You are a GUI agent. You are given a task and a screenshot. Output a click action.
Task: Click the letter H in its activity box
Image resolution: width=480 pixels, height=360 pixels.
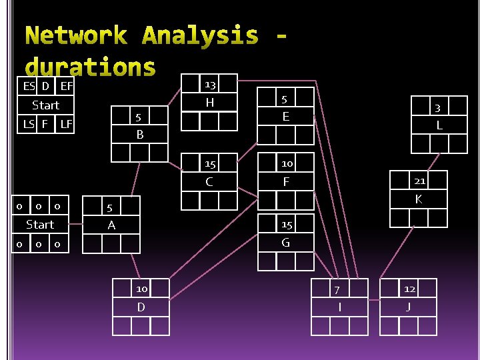point(210,103)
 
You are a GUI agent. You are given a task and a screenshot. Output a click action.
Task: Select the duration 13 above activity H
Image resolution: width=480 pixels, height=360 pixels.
point(210,85)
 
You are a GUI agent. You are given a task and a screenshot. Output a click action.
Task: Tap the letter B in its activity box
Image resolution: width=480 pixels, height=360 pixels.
point(140,135)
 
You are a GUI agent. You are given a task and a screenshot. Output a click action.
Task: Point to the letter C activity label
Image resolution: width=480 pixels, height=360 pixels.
point(209,182)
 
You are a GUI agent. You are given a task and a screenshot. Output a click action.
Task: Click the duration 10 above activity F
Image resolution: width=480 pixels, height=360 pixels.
point(287,163)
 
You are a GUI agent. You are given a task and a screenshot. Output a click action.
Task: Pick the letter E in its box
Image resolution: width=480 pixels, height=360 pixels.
point(286,117)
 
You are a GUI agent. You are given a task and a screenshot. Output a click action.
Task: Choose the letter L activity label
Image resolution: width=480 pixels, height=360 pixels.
point(439,125)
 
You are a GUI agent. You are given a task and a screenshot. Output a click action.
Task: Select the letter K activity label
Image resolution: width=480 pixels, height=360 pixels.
point(419,199)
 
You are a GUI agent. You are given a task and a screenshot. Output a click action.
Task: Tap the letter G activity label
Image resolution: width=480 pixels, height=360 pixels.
point(286,243)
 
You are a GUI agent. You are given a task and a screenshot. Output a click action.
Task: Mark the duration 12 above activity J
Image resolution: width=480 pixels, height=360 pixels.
point(410,289)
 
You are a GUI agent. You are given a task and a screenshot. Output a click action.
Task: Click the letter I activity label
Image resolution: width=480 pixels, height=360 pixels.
point(340,307)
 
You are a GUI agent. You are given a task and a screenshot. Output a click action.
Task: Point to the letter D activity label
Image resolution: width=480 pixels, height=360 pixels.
point(141,307)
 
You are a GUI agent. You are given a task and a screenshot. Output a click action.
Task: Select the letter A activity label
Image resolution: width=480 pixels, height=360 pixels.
point(111,225)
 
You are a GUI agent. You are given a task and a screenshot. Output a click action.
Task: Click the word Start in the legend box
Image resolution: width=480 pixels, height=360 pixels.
point(46,105)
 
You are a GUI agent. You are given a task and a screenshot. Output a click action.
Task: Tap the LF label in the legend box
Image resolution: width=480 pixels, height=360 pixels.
point(66,124)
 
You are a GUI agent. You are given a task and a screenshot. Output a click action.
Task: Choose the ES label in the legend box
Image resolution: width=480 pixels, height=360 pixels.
point(29,86)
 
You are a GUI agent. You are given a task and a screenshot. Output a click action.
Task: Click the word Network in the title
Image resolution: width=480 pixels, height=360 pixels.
point(75,36)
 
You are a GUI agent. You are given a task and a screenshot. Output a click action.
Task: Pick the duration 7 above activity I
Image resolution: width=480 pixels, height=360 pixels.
point(337,289)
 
